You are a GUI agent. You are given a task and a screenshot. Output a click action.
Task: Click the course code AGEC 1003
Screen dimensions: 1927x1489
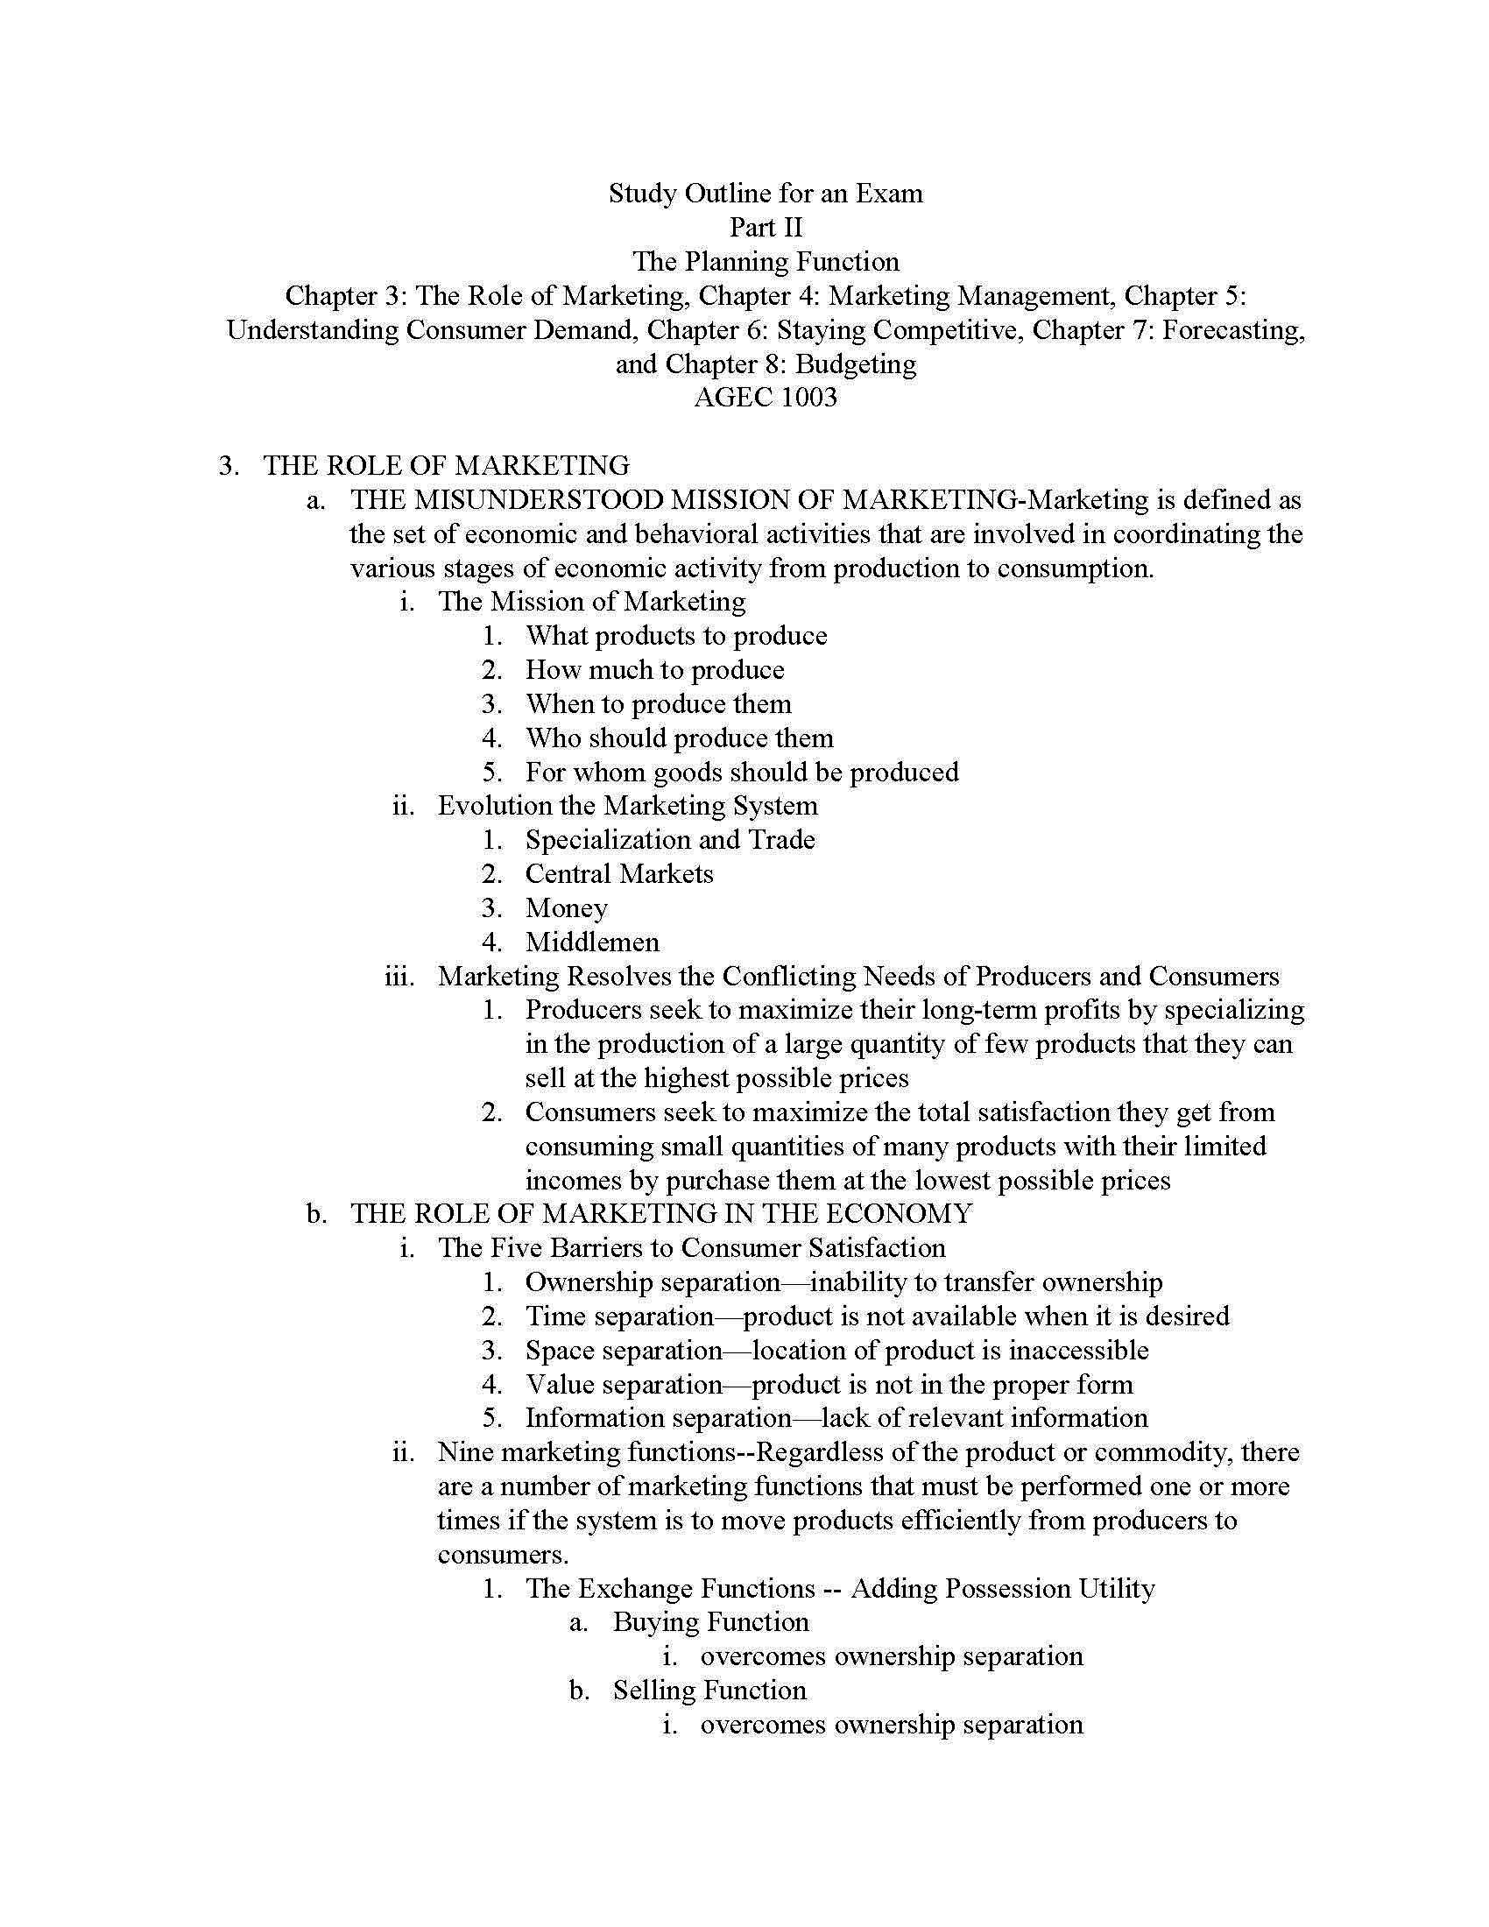click(x=765, y=398)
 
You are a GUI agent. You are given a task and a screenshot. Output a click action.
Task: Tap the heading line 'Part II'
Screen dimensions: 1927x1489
click(x=765, y=228)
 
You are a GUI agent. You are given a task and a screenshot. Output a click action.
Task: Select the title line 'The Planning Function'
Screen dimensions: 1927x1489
click(x=765, y=262)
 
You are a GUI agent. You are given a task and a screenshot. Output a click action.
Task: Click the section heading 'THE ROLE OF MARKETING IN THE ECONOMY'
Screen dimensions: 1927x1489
click(x=660, y=1214)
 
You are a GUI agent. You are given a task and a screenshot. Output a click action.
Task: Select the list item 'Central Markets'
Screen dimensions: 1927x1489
click(x=619, y=874)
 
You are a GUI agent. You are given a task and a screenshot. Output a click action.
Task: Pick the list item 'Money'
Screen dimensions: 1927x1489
click(x=567, y=908)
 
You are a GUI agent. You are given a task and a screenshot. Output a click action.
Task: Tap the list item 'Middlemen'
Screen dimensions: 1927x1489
click(x=592, y=942)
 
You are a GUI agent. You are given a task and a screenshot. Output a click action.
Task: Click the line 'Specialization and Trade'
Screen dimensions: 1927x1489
click(x=669, y=840)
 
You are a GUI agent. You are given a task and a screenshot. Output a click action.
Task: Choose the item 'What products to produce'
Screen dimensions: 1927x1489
click(x=675, y=636)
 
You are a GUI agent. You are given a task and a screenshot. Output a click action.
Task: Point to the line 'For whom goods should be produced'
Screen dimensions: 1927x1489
click(x=742, y=772)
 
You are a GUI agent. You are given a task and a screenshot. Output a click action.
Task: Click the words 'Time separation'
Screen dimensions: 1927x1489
click(x=619, y=1316)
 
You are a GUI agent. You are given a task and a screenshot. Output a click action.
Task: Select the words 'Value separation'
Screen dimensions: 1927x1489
click(x=625, y=1384)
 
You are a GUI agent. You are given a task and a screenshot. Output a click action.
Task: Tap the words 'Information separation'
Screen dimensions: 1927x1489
click(x=658, y=1418)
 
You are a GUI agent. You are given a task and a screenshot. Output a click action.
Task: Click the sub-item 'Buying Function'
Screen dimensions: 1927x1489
click(x=710, y=1622)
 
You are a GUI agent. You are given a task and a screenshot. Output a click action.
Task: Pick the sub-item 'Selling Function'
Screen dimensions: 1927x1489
click(x=709, y=1691)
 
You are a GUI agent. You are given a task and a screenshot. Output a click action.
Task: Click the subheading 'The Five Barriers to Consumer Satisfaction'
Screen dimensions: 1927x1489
click(x=692, y=1247)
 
